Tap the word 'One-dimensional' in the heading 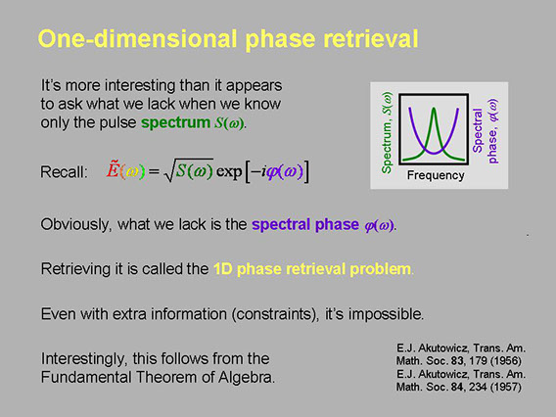pos(138,38)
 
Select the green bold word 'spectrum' pos(175,122)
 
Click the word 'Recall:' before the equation pos(64,172)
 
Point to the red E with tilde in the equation pos(112,169)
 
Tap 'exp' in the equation pos(229,171)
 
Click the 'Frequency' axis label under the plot pos(436,175)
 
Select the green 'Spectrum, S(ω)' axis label pos(387,132)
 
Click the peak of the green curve pos(434,109)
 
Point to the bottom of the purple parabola pos(434,153)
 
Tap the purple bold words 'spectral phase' pos(305,224)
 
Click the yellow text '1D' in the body pos(222,269)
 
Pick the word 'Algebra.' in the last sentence pos(247,377)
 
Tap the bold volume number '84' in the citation pos(457,387)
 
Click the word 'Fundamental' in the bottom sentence pos(86,377)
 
